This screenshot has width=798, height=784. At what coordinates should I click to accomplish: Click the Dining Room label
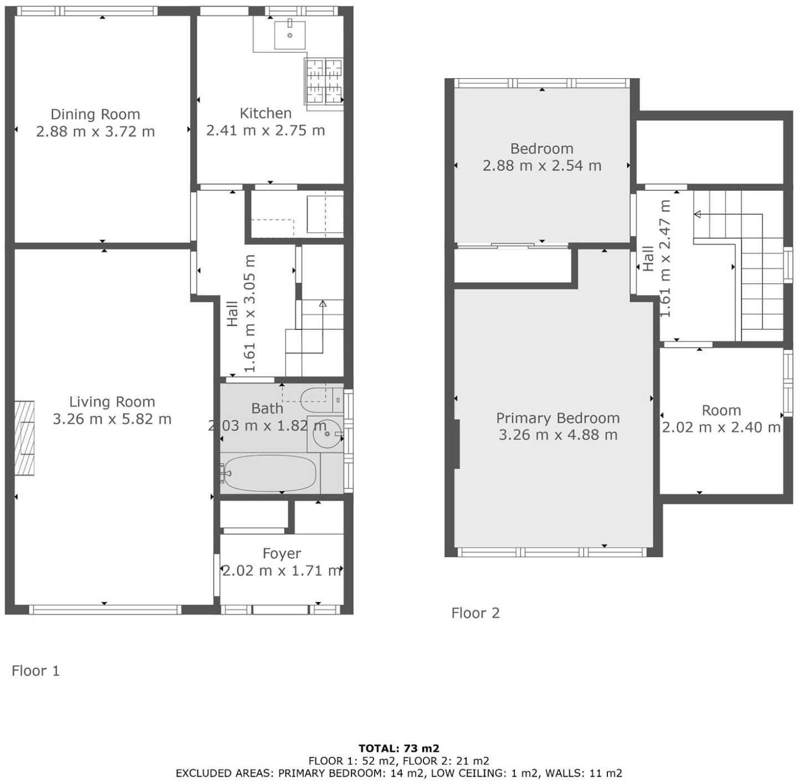tap(95, 114)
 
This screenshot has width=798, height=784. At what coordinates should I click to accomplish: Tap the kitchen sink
tap(289, 34)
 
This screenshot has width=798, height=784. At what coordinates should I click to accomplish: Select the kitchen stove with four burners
tap(324, 81)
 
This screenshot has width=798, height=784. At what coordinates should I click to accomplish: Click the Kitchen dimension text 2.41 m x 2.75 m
tap(265, 131)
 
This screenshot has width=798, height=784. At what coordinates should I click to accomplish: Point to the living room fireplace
tap(24, 438)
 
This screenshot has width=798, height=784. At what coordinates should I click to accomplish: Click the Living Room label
tap(112, 402)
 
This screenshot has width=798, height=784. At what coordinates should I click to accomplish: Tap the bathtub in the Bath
tap(270, 473)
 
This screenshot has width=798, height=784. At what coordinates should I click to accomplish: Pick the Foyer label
tap(282, 553)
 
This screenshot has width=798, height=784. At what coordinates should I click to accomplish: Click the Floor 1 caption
tap(35, 671)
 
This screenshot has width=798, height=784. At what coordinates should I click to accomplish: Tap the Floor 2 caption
tap(475, 613)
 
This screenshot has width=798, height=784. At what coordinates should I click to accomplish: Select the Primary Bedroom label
tap(557, 418)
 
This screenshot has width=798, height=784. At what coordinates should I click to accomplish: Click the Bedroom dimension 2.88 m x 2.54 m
tap(542, 166)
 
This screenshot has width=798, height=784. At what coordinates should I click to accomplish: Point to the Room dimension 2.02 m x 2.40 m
tap(721, 427)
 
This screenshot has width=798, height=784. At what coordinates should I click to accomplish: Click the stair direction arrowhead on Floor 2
tap(697, 214)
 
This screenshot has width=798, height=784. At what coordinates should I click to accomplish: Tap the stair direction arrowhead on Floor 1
tap(323, 303)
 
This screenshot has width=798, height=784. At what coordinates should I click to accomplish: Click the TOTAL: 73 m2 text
tap(398, 749)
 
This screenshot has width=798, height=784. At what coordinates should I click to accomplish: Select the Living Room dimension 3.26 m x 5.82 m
tap(112, 419)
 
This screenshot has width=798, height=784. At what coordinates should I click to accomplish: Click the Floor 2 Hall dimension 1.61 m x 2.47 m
tap(665, 258)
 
